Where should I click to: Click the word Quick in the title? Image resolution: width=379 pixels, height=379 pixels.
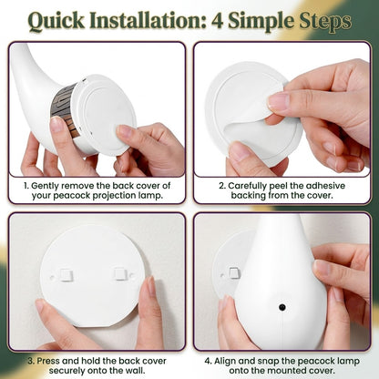pyautogui.click(x=56, y=21)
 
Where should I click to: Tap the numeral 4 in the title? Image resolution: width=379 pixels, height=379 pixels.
pyautogui.click(x=217, y=21)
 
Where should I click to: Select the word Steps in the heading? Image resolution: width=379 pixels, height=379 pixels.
pyautogui.click(x=325, y=21)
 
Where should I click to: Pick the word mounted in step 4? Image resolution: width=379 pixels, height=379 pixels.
pyautogui.click(x=289, y=371)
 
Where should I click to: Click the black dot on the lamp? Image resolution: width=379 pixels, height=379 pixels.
pyautogui.click(x=282, y=307)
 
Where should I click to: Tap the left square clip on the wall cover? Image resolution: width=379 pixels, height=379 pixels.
pyautogui.click(x=67, y=275)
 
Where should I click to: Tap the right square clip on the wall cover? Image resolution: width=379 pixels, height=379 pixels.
pyautogui.click(x=119, y=273)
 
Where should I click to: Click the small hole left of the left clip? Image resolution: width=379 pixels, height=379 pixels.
pyautogui.click(x=52, y=277)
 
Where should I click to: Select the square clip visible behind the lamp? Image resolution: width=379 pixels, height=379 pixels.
pyautogui.click(x=234, y=273)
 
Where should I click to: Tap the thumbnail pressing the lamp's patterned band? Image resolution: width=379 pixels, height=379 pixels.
pyautogui.click(x=56, y=124)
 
